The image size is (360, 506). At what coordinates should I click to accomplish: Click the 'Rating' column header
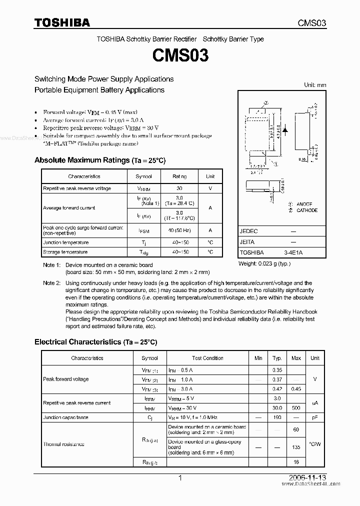tap(179, 176)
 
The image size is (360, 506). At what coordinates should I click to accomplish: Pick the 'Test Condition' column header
tap(207, 358)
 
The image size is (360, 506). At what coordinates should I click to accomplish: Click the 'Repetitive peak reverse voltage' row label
tap(77, 188)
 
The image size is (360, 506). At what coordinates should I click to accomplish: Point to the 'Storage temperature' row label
tap(65, 252)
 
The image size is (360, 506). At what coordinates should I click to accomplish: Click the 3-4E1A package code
tap(293, 253)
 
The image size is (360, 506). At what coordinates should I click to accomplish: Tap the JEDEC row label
tap(248, 231)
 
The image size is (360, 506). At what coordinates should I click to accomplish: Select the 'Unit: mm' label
tap(315, 85)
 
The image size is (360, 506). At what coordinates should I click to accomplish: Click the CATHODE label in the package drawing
tap(306, 210)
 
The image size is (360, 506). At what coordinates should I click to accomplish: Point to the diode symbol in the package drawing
tap(285, 130)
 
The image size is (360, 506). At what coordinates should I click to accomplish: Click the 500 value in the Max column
tap(296, 408)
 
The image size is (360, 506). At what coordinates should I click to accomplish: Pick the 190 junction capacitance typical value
tap(276, 417)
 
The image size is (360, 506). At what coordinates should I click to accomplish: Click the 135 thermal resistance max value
tap(296, 447)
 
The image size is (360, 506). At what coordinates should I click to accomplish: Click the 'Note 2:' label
tap(51, 283)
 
